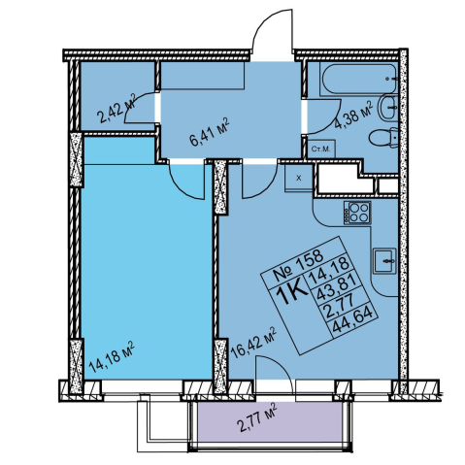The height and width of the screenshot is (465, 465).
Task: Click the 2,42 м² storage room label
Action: (x=116, y=109)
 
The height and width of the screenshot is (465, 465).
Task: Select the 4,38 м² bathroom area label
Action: (x=353, y=116)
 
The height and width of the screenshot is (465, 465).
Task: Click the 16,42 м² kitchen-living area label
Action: (x=253, y=343)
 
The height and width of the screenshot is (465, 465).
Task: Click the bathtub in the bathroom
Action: (x=359, y=80)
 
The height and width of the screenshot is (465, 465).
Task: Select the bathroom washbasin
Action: (x=388, y=107)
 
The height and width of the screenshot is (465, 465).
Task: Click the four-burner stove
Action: (x=357, y=213)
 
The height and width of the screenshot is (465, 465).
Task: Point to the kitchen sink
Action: (x=384, y=261)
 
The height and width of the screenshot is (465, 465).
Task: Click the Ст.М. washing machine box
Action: (x=320, y=149)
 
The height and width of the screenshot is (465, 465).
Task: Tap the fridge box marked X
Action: (x=299, y=178)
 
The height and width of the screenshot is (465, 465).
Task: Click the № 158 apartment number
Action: (x=299, y=265)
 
